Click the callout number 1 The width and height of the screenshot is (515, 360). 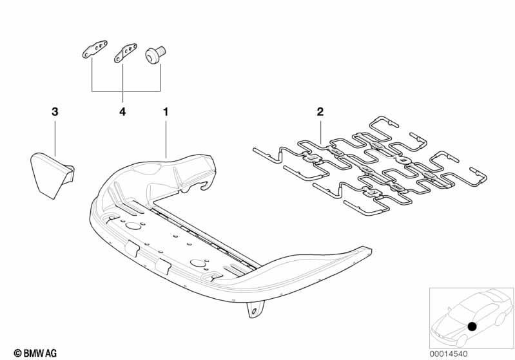166,111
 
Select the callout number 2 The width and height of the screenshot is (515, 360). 320,111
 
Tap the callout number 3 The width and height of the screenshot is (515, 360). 55,111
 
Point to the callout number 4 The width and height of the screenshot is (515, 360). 122,111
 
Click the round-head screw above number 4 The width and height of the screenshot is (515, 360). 155,55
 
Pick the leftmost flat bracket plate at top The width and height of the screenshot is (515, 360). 95,49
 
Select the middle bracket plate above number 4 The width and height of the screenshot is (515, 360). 125,53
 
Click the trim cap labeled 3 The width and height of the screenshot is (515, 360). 52,175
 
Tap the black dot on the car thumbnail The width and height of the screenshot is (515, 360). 472,327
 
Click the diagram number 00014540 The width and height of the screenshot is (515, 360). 449,354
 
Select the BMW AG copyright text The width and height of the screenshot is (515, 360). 35,354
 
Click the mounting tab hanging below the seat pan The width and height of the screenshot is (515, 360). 255,310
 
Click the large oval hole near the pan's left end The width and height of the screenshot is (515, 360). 133,226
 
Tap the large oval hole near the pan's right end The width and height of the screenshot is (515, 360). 198,263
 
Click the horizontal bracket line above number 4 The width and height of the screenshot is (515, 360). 126,91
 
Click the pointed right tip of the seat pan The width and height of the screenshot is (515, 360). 371,250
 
